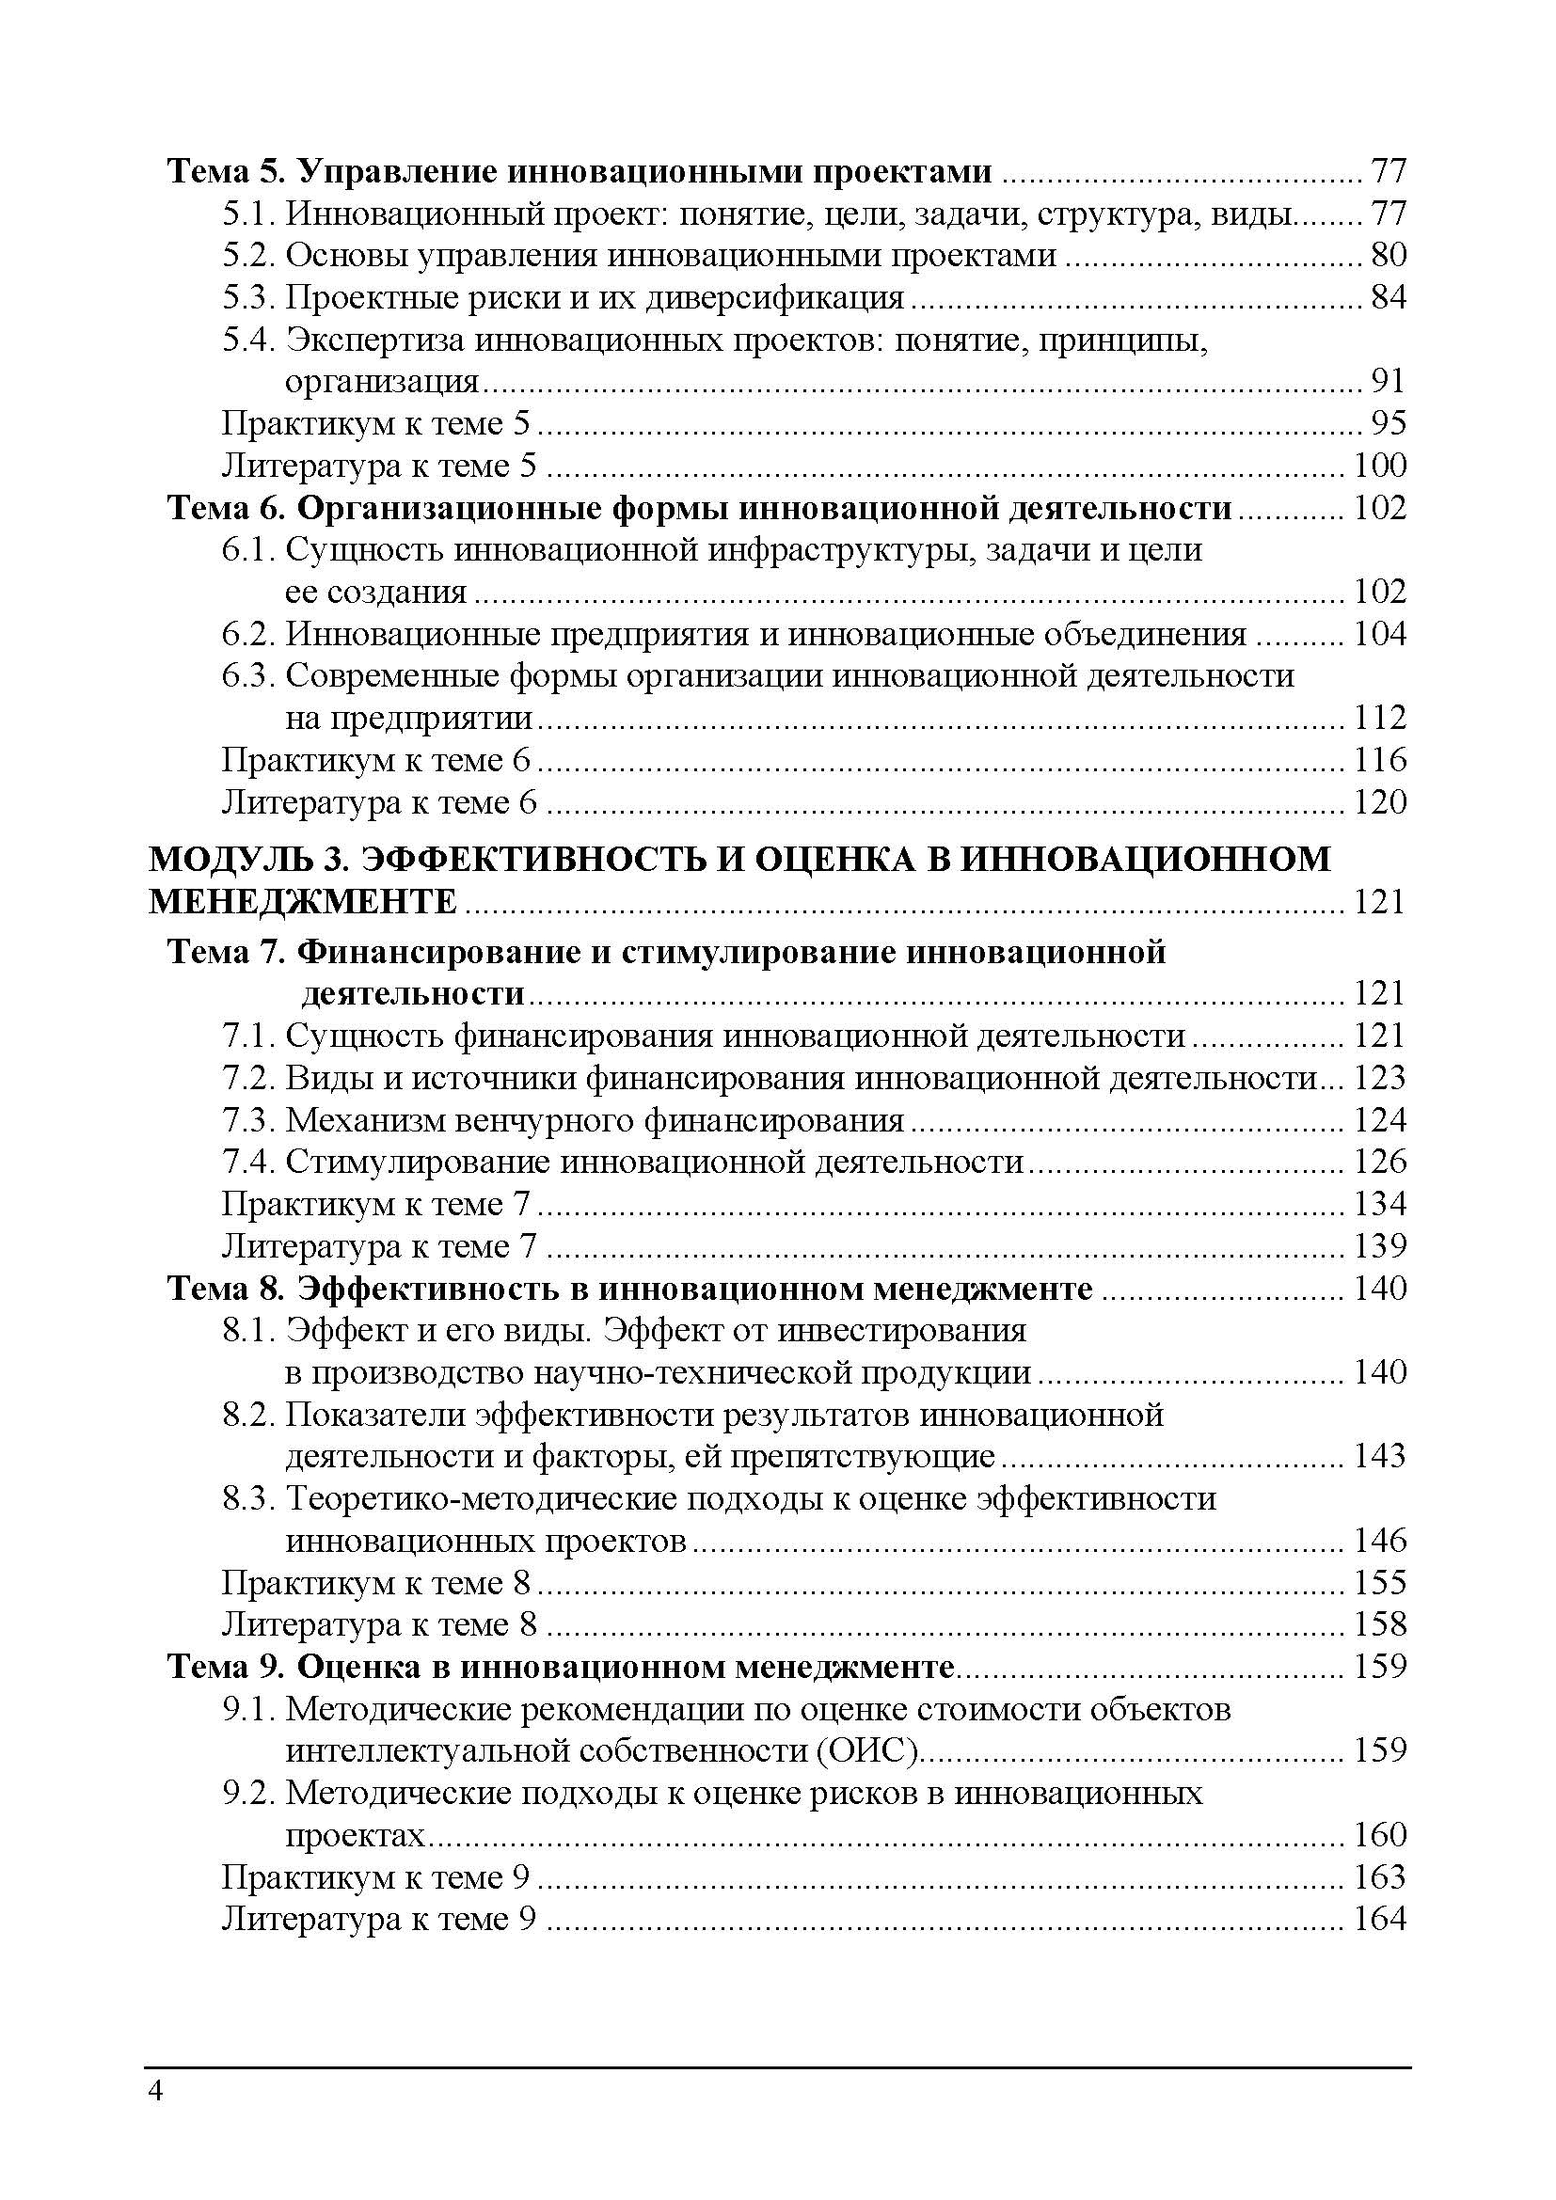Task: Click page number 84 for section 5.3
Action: click(x=1389, y=298)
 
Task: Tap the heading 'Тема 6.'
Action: click(x=225, y=508)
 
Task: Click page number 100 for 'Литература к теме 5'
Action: click(x=1380, y=466)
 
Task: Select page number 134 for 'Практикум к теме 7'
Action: click(x=1380, y=1204)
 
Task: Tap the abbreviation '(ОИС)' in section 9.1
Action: click(x=869, y=1750)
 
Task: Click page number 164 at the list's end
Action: click(x=1380, y=1920)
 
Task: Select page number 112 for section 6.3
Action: click(x=1380, y=718)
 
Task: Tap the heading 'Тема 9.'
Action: click(x=225, y=1668)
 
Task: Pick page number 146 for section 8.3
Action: click(x=1380, y=1541)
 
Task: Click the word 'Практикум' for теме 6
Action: click(x=310, y=760)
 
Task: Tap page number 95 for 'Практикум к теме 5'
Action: click(x=1389, y=423)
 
